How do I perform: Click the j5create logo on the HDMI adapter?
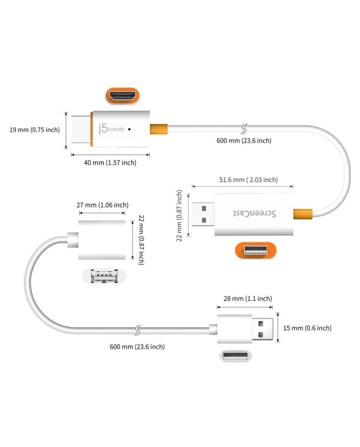pyautogui.click(x=109, y=129)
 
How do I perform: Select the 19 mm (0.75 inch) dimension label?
pyautogui.click(x=34, y=130)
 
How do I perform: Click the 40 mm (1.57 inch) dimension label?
pyautogui.click(x=111, y=163)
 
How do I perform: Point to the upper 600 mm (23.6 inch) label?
pyautogui.click(x=244, y=140)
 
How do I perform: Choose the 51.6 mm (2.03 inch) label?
pyautogui.click(x=248, y=180)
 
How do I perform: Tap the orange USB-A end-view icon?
pyautogui.click(x=256, y=251)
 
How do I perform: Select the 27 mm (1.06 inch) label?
pyautogui.click(x=102, y=205)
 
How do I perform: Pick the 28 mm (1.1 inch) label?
pyautogui.click(x=248, y=298)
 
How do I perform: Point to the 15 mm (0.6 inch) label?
pyautogui.click(x=308, y=328)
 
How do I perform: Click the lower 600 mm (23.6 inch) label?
pyautogui.click(x=137, y=347)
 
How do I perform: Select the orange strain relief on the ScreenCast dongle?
pyautogui.click(x=303, y=213)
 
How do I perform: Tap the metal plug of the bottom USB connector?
pyautogui.click(x=264, y=328)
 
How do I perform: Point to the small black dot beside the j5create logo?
pyautogui.click(x=129, y=129)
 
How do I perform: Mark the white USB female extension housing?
pyautogui.click(x=102, y=240)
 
